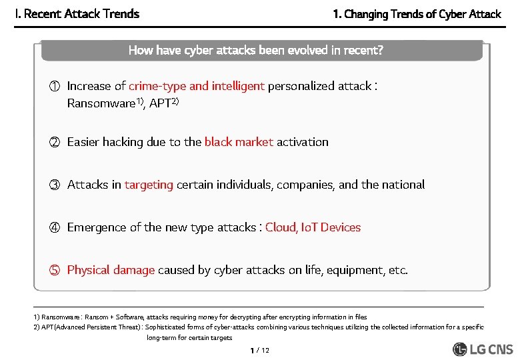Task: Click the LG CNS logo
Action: (x=483, y=349)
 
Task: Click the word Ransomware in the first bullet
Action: (x=101, y=104)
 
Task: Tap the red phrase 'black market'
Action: (x=239, y=142)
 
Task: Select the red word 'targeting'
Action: (x=148, y=185)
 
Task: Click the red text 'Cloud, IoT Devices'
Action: (x=313, y=227)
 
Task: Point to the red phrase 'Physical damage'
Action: (x=111, y=270)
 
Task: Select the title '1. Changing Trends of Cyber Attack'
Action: (x=417, y=14)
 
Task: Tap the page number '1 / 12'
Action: (x=259, y=351)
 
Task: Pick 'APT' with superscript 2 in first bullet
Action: (x=160, y=104)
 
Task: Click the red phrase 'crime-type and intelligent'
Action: (x=197, y=86)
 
